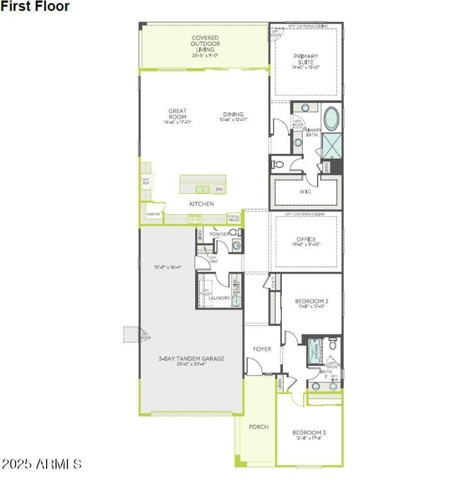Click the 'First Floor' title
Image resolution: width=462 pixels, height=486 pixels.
pyautogui.click(x=35, y=7)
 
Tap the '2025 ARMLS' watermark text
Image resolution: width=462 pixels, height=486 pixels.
pyautogui.click(x=41, y=463)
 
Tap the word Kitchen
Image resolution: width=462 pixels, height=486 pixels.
pyautogui.click(x=202, y=204)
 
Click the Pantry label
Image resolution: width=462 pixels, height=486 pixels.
pyautogui.click(x=153, y=214)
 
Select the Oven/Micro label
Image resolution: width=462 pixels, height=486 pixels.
pyautogui.click(x=234, y=218)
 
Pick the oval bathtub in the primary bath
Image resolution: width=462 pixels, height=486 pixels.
pyautogui.click(x=331, y=119)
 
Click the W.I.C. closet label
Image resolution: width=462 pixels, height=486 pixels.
pyautogui.click(x=305, y=192)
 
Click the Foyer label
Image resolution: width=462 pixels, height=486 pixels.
pyautogui.click(x=262, y=349)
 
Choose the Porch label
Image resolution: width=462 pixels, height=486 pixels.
pyautogui.click(x=258, y=427)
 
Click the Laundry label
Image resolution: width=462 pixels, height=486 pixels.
pyautogui.click(x=219, y=298)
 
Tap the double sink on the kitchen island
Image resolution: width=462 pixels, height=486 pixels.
pyautogui.click(x=202, y=189)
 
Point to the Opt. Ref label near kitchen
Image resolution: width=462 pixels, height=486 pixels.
pyautogui.click(x=146, y=182)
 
